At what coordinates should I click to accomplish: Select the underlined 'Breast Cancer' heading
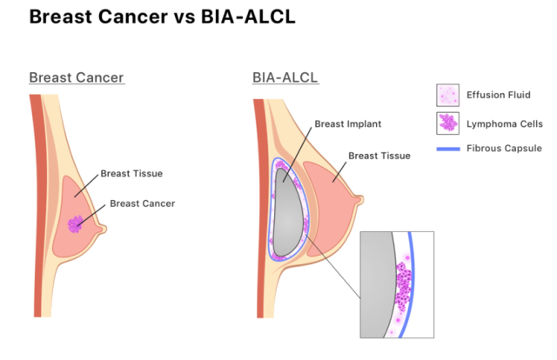pyautogui.click(x=77, y=78)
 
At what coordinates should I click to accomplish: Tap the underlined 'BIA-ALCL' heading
pyautogui.click(x=285, y=78)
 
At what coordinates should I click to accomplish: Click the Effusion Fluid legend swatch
pyautogui.click(x=447, y=96)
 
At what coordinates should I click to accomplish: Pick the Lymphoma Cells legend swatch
pyautogui.click(x=447, y=123)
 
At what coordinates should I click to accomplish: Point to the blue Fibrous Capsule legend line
pyautogui.click(x=447, y=149)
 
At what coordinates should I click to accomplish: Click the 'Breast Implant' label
pyautogui.click(x=348, y=124)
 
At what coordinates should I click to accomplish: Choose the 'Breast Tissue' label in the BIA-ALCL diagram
pyautogui.click(x=379, y=157)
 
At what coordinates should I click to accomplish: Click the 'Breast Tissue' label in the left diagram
pyautogui.click(x=131, y=174)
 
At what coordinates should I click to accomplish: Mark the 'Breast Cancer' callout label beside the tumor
pyautogui.click(x=143, y=204)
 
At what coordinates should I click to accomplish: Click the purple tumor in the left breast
pyautogui.click(x=77, y=223)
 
